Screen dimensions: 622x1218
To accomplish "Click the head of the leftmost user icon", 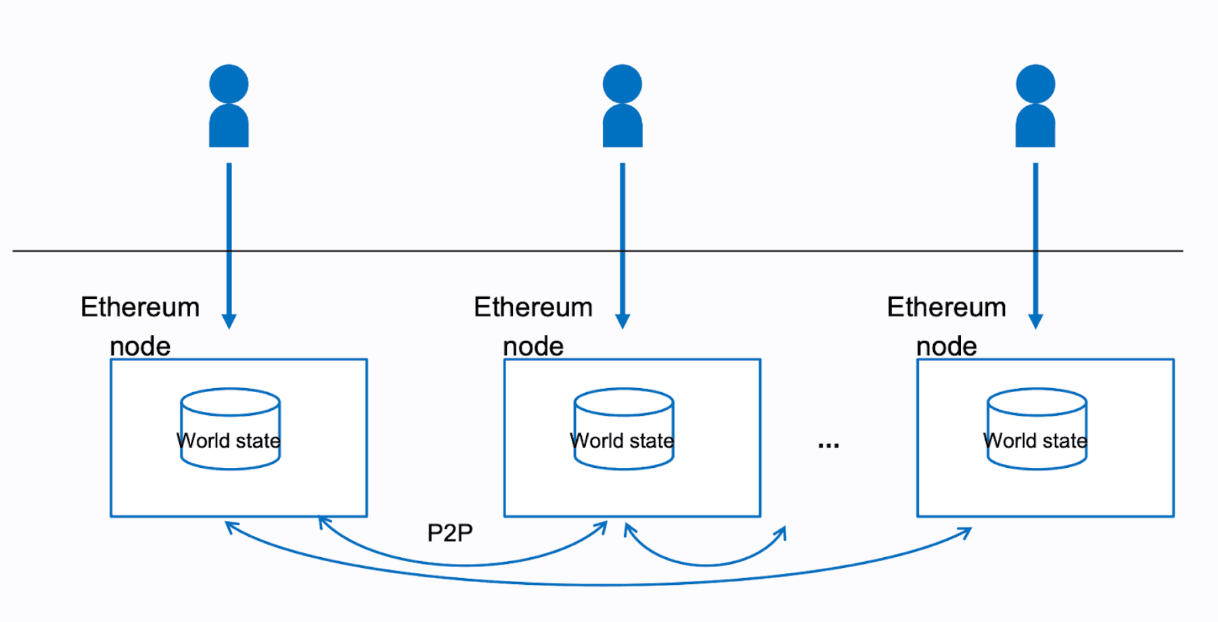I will point(229,84).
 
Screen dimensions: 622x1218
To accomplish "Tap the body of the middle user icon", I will point(623,127).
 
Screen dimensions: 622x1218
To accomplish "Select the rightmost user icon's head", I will point(1035,84).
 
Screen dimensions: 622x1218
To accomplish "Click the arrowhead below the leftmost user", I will point(229,320).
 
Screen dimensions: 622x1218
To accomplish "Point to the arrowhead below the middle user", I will point(623,320).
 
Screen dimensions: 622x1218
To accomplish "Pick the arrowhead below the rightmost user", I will point(1035,320).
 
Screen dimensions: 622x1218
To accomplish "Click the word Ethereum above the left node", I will point(140,308).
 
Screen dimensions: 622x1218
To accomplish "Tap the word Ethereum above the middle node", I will point(533,308).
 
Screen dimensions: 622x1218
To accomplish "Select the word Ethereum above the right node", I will point(946,308).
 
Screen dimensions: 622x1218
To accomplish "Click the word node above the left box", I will point(140,347).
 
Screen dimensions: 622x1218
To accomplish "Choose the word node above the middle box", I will point(533,347).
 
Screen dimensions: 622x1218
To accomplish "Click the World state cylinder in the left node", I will point(230,429).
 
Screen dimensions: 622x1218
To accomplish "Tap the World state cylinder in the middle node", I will point(623,429).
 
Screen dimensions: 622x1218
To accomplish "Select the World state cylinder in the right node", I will point(1037,429).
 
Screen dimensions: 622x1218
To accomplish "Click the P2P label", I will point(450,533).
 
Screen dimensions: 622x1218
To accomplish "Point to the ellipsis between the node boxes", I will point(828,445).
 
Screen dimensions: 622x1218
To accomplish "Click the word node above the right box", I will point(946,347).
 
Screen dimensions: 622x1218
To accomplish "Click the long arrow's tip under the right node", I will point(968,532).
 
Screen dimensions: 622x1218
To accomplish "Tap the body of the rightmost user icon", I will point(1035,127).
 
